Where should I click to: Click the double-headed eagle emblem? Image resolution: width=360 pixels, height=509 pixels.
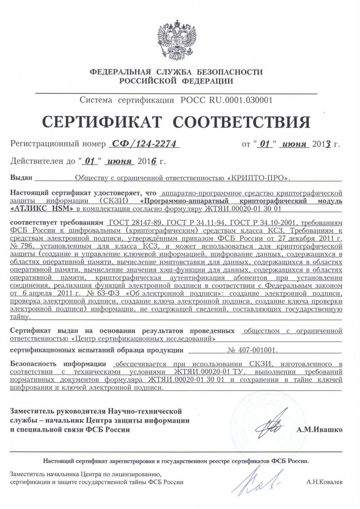pyautogui.click(x=180, y=41)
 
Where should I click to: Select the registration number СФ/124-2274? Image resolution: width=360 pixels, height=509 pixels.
pyautogui.click(x=144, y=144)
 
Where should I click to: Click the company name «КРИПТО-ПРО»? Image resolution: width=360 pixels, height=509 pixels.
pyautogui.click(x=260, y=178)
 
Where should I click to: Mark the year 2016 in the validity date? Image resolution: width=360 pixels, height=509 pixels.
pyautogui.click(x=147, y=161)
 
